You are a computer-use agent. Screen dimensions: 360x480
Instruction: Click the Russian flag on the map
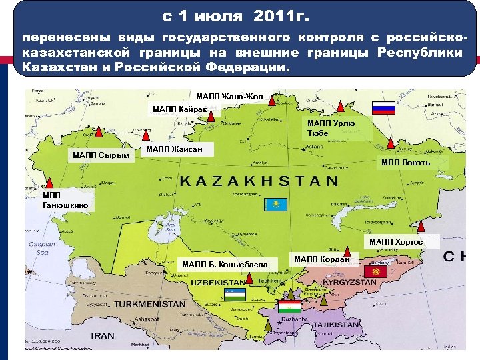pyautogui.click(x=383, y=109)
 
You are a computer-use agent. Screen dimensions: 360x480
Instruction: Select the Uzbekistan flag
pyautogui.click(x=235, y=294)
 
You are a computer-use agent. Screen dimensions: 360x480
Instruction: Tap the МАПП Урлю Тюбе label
pyautogui.click(x=331, y=128)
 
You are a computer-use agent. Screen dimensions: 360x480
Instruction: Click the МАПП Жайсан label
pyautogui.click(x=169, y=149)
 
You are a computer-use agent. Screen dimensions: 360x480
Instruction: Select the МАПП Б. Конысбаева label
pyautogui.click(x=225, y=265)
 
